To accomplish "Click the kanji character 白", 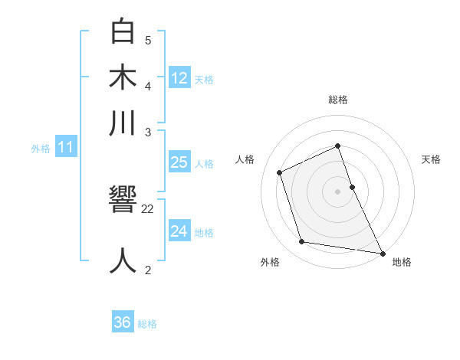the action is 123,32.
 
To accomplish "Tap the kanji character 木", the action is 123,78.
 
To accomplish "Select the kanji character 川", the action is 123,123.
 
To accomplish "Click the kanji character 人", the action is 123,260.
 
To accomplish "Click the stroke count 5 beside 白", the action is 148,41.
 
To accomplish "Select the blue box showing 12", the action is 179,77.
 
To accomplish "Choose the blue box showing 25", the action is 179,162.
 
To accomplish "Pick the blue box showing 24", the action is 179,231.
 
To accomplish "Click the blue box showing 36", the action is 122,322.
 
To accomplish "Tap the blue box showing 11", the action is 65,148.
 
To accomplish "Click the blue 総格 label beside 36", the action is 147,324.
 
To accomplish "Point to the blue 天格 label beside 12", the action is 204,80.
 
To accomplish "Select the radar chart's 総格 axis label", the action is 338,99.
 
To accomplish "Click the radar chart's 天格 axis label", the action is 431,159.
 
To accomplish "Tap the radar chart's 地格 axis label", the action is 402,262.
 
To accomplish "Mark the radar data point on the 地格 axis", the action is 382,253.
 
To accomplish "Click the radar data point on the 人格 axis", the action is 280,172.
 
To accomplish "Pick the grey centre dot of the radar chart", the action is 338,191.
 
